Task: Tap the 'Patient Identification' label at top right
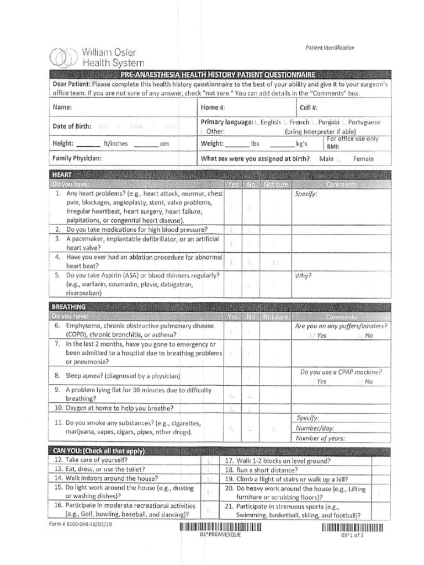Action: (x=330, y=48)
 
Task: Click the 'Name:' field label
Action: (x=62, y=108)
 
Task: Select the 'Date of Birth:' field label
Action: (x=72, y=126)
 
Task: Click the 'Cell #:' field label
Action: (x=309, y=108)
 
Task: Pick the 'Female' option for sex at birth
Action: (x=364, y=159)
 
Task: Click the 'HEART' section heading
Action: (x=59, y=174)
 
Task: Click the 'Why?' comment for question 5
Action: (x=303, y=275)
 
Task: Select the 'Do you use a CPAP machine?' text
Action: (x=341, y=372)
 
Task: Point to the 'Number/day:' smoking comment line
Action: (x=315, y=428)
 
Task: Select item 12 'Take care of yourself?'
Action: (x=96, y=460)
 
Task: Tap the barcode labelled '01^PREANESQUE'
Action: (x=220, y=527)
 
